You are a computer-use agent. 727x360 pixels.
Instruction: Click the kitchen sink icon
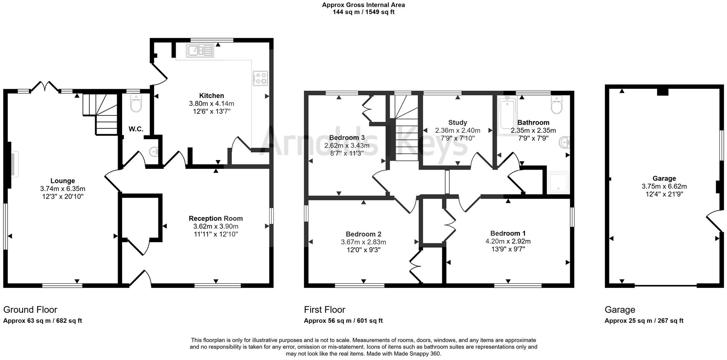point(201,50)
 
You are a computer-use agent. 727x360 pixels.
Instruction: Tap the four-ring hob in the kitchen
point(261,78)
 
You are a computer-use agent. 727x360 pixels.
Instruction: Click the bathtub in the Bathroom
point(507,115)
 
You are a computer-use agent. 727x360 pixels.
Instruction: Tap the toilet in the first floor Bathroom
point(557,105)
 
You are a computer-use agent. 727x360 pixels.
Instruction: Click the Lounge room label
point(63,181)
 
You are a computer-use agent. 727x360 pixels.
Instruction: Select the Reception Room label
point(216,218)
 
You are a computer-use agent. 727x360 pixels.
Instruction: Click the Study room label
point(457,122)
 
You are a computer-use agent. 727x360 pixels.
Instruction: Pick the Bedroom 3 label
point(347,137)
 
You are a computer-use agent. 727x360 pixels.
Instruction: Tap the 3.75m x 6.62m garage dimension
point(664,186)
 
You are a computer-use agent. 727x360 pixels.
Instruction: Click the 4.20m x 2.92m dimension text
point(508,241)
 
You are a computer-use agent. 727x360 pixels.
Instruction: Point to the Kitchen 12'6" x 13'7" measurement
point(211,111)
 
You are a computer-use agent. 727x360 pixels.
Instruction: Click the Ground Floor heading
point(30,310)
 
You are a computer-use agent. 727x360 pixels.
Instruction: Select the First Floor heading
point(324,310)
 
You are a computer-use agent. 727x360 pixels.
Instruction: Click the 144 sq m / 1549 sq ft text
point(363,12)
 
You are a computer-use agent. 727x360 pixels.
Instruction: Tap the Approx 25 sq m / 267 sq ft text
point(644,321)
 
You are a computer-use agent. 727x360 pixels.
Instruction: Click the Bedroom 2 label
point(363,234)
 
